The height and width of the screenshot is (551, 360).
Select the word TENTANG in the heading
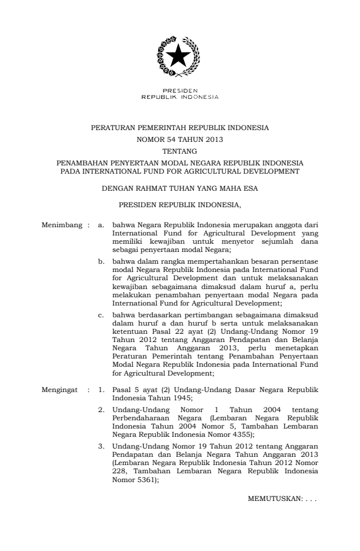coord(179,151)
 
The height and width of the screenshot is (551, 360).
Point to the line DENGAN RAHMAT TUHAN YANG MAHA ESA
coord(179,190)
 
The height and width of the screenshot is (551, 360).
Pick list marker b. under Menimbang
coord(101,260)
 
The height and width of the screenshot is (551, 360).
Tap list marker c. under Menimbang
coord(101,317)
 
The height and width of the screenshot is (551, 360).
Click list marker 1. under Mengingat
coord(101,390)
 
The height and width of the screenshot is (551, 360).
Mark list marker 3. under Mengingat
coord(101,446)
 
